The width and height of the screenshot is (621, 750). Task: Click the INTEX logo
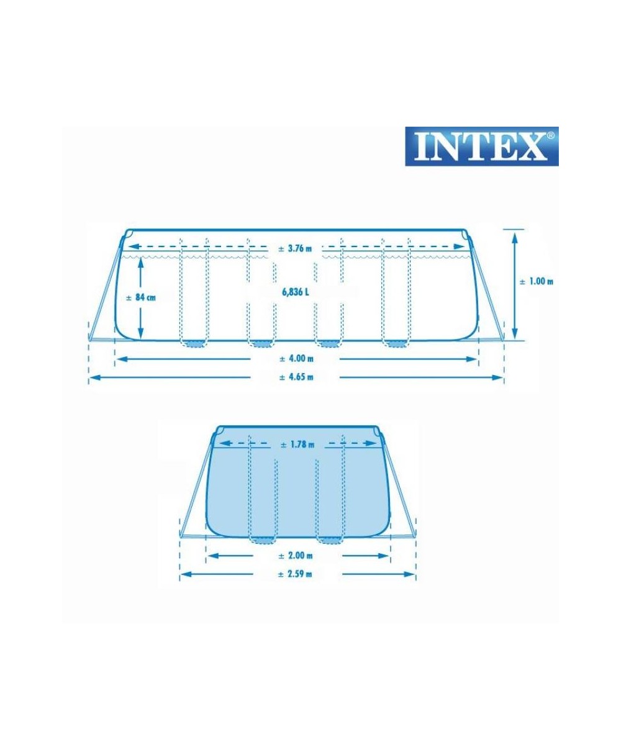pyautogui.click(x=481, y=146)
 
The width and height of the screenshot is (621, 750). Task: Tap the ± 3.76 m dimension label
pyautogui.click(x=296, y=248)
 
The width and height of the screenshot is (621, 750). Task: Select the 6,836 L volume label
pyautogui.click(x=296, y=292)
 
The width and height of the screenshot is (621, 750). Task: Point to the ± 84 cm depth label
pyautogui.click(x=141, y=297)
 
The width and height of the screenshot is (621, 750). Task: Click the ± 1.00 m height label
pyautogui.click(x=536, y=281)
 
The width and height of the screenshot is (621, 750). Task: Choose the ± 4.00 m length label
pyautogui.click(x=296, y=358)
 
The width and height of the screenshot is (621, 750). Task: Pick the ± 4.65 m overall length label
pyautogui.click(x=296, y=377)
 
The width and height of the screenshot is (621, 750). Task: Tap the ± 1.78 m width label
pyautogui.click(x=297, y=445)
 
